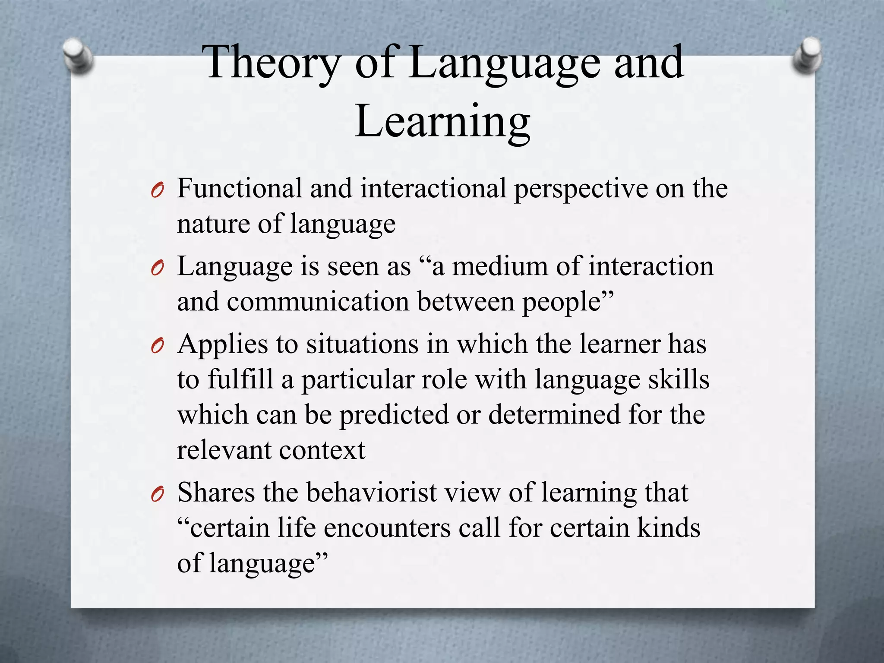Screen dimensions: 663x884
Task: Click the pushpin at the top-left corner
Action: [x=78, y=55]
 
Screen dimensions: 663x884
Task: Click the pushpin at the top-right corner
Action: [x=808, y=55]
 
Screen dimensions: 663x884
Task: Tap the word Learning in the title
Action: [x=442, y=122]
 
